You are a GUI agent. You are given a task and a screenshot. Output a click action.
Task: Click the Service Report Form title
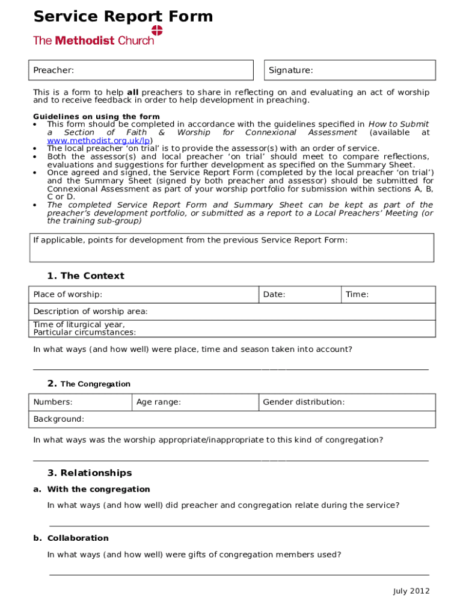coord(123,16)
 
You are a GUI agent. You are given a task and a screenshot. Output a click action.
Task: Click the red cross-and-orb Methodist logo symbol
coord(157,31)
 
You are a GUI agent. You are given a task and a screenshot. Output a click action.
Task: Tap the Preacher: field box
coord(141,70)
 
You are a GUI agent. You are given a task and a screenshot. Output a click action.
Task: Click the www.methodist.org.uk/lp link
coord(99,140)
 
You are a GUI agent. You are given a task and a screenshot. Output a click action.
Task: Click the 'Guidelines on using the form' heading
coord(96,117)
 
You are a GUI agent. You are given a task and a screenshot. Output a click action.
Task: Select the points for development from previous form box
coord(231,248)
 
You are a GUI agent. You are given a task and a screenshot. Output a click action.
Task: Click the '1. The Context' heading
coord(85,276)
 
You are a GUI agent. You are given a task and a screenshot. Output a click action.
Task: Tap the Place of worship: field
coord(144,295)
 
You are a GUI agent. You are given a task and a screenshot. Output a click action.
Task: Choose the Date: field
coord(300,295)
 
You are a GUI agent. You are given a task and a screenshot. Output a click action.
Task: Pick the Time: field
coord(388,295)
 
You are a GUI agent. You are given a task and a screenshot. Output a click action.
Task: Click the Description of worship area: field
coord(231,312)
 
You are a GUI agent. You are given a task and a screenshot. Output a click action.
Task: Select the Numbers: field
coord(80,402)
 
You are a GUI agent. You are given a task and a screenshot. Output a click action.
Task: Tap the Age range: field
coord(195,402)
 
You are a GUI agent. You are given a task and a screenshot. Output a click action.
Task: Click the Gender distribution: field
coord(347,402)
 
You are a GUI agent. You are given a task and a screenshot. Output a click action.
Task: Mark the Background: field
coord(231,419)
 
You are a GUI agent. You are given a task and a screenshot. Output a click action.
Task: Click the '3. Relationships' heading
coord(90,473)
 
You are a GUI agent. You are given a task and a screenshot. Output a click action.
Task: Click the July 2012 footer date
coord(411,591)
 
